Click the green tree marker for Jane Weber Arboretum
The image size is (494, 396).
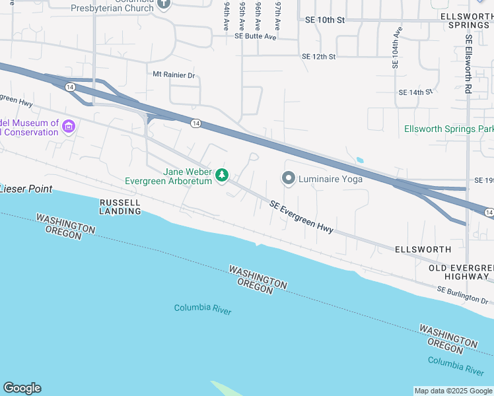223,175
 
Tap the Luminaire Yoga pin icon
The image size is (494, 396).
288,178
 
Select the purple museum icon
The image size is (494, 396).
69,126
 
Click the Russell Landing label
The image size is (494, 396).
120,207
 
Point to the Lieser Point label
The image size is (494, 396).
26,189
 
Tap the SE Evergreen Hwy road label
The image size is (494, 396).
301,217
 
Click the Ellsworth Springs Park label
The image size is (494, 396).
449,129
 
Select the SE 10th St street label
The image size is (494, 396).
325,20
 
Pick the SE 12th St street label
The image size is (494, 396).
318,57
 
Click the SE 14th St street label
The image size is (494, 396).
415,92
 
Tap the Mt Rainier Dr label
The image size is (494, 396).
174,75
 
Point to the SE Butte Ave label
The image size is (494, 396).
255,37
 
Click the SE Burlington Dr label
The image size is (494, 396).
462,295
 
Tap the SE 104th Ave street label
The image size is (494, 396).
396,48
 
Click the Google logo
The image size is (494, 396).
22,388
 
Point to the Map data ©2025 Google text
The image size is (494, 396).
453,391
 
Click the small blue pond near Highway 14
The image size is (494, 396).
359,160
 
